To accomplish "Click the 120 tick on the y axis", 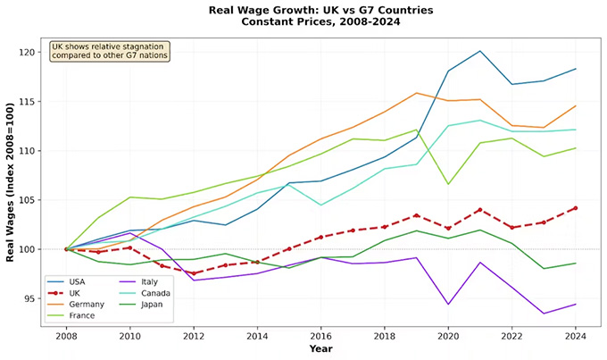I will [29, 53].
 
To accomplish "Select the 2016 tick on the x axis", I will [321, 338].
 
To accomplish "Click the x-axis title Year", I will [321, 349].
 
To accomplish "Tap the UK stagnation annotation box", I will [110, 51].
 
